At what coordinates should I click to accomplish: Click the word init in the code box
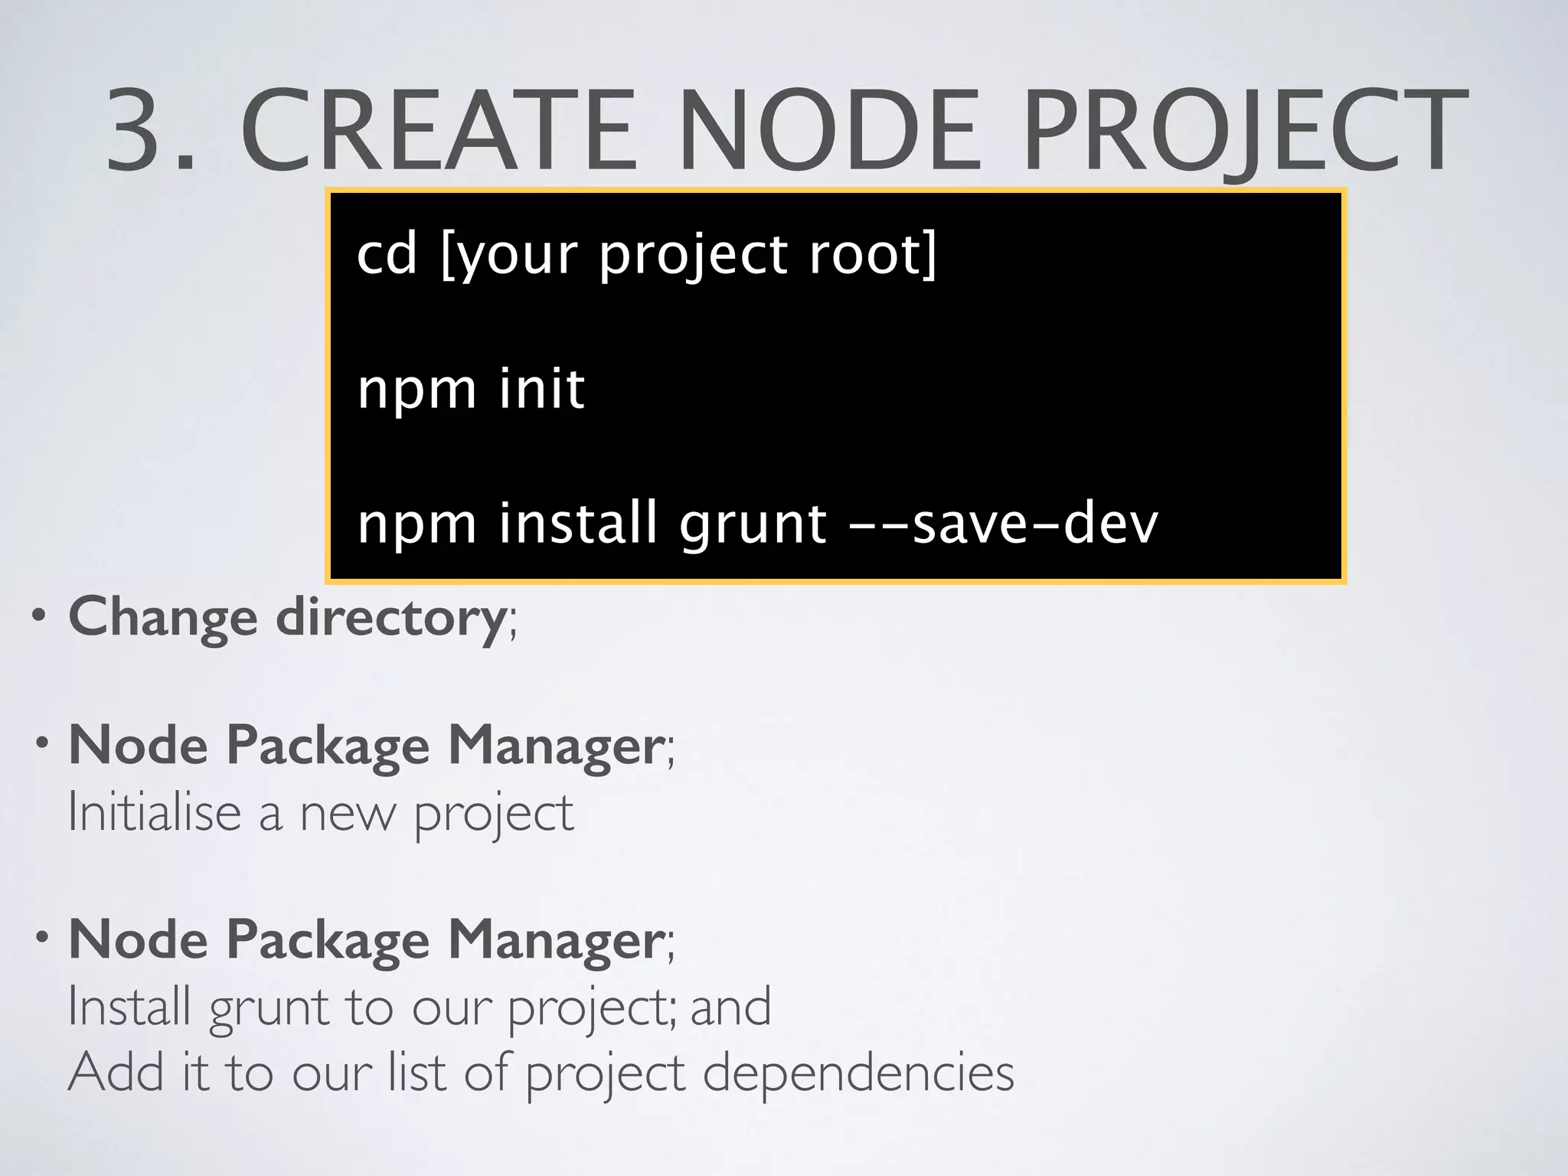coord(541,388)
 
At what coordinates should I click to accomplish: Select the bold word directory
coord(390,617)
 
